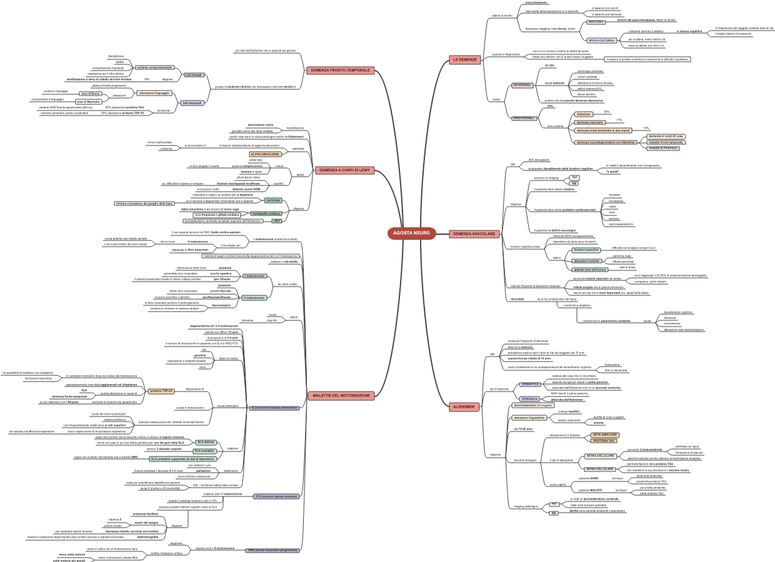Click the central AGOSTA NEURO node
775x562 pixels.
[411, 233]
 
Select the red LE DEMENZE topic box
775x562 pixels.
[464, 60]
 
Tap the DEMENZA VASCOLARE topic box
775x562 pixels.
[474, 234]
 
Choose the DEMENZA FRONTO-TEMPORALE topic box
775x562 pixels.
[341, 70]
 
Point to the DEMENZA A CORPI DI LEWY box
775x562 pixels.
[344, 170]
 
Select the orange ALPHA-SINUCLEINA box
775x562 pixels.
[266, 154]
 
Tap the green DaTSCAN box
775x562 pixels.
[273, 200]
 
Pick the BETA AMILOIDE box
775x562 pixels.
[604, 435]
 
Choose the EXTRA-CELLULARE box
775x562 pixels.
[600, 456]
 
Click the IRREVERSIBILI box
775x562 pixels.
[524, 117]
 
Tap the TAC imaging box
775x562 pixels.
[574, 177]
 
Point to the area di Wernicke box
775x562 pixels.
[89, 101]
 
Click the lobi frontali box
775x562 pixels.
[192, 75]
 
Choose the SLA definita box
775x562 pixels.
[206, 442]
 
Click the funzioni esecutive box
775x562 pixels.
[586, 250]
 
